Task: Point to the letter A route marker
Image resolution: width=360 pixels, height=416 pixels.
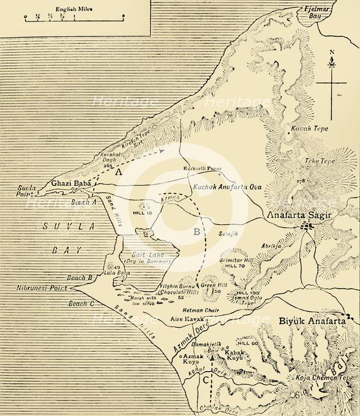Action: coord(118,174)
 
